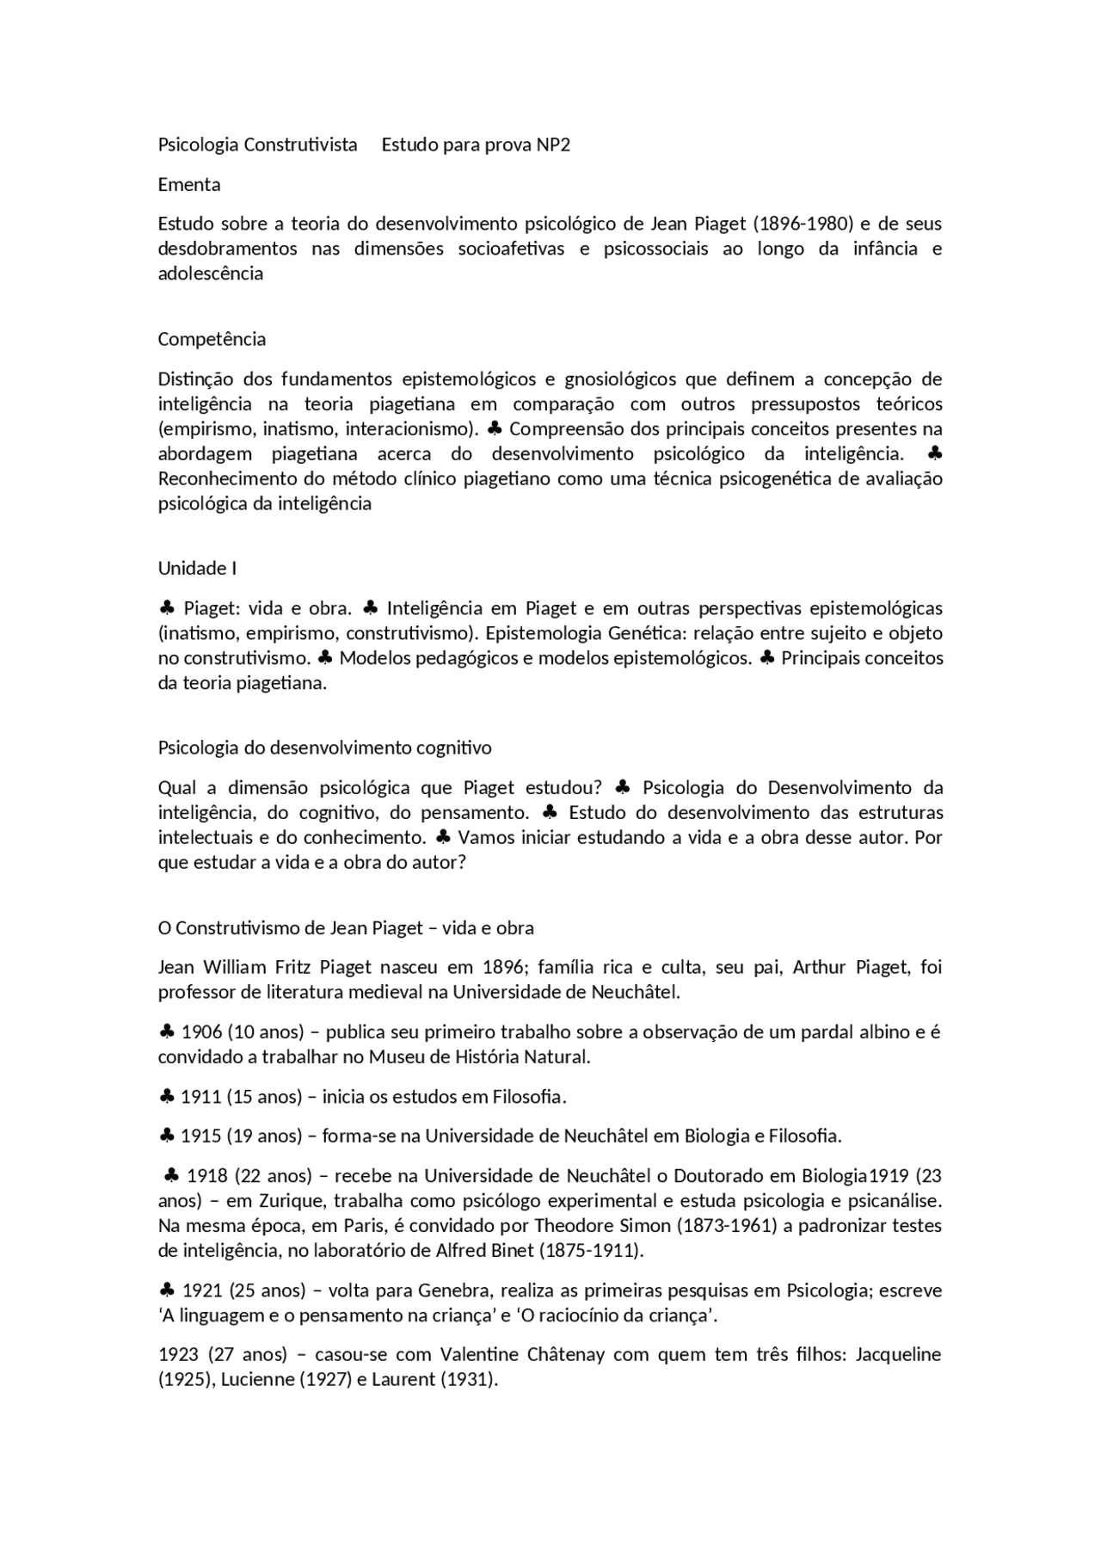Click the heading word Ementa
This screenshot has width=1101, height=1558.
[x=189, y=184]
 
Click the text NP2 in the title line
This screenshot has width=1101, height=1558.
[x=553, y=145]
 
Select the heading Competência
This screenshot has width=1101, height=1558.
[x=212, y=339]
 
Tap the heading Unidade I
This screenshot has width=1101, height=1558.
[x=197, y=568]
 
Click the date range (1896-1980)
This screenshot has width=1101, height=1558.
[x=803, y=224]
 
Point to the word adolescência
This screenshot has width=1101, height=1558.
[x=210, y=274]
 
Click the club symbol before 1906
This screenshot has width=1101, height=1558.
[x=167, y=1031]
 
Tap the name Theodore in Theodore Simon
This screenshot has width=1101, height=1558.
[x=571, y=1225]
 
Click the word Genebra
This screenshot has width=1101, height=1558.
[x=453, y=1290]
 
